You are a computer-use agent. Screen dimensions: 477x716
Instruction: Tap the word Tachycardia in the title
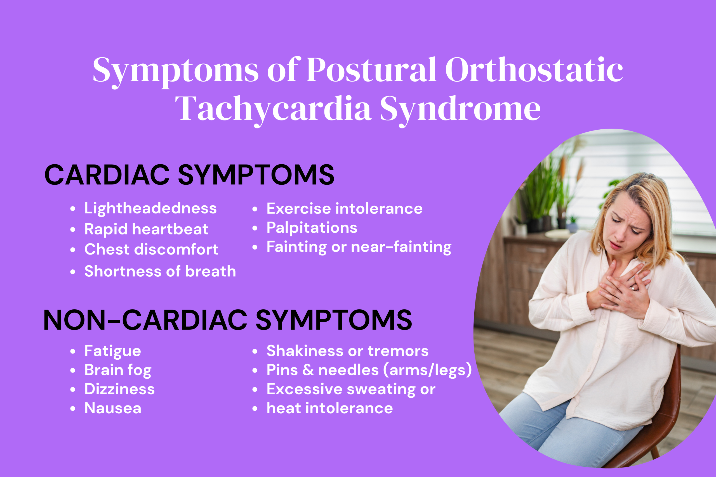(x=273, y=109)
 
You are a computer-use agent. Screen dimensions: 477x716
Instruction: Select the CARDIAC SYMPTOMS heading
(x=189, y=175)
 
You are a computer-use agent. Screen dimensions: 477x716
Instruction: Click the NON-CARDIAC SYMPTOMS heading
(x=228, y=320)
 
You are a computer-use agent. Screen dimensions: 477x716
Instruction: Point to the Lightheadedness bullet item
(x=150, y=209)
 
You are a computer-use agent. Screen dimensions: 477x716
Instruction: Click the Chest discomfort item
(x=151, y=250)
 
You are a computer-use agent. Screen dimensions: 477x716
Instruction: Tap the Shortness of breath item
(x=160, y=271)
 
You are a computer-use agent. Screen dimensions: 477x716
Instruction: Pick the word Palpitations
(x=312, y=228)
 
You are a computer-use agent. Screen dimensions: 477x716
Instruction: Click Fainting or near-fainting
(x=359, y=247)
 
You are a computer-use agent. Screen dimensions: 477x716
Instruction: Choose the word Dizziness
(x=119, y=389)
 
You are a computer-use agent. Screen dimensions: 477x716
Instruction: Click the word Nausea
(x=113, y=408)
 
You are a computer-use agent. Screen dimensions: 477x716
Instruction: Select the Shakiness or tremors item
(x=347, y=351)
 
